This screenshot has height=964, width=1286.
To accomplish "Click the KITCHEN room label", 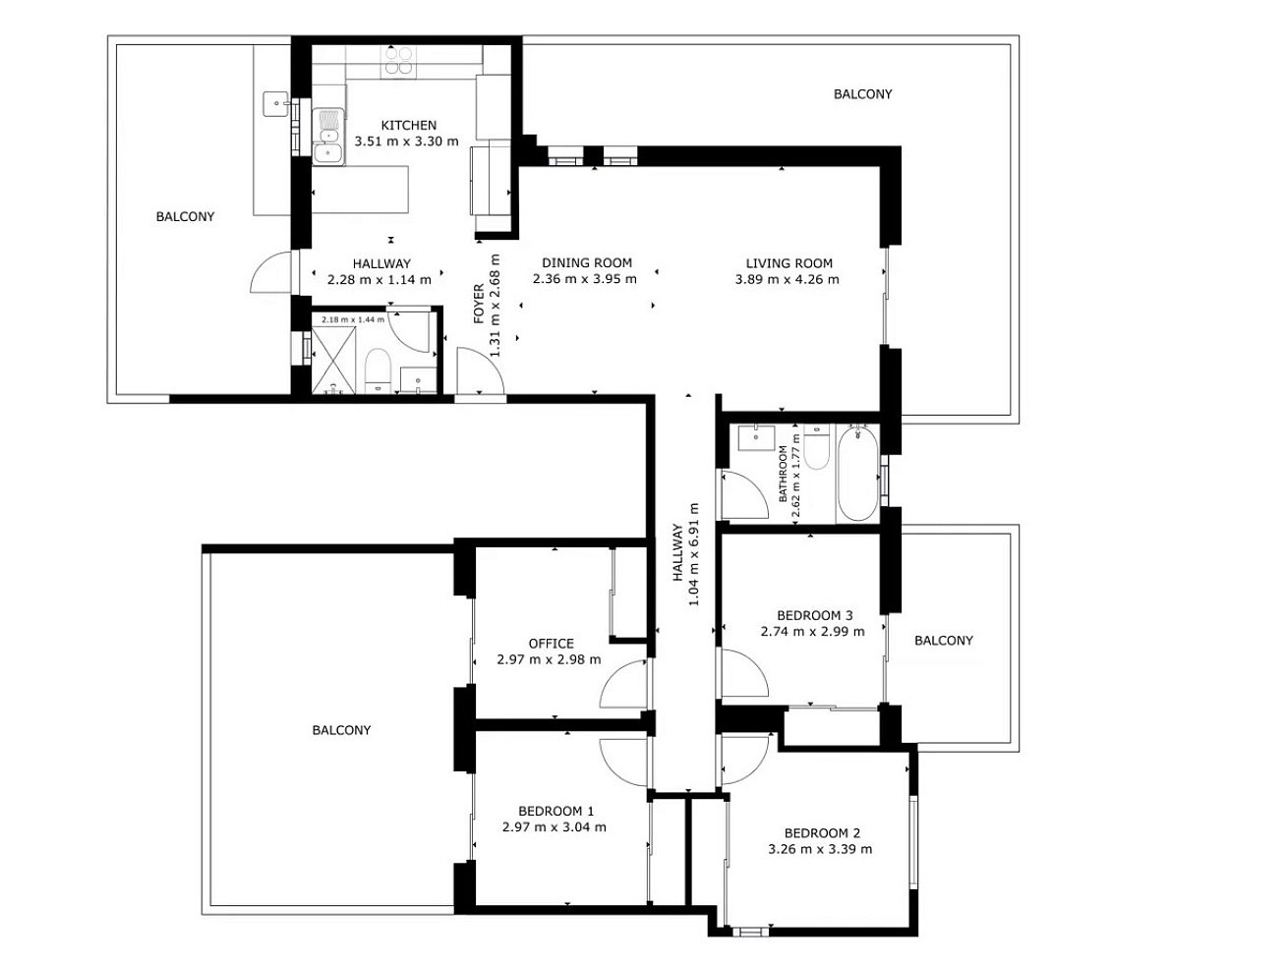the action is click(x=408, y=125).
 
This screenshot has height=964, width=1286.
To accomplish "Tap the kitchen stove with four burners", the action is click(x=398, y=62).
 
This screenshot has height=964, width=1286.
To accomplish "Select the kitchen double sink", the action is click(x=327, y=137).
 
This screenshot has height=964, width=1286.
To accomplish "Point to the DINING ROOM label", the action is click(x=586, y=262).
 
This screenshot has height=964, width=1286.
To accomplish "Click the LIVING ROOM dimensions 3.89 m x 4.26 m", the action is click(x=787, y=280).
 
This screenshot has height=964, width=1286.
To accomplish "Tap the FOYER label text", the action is click(x=479, y=304).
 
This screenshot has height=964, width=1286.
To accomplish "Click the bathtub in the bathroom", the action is click(x=857, y=474).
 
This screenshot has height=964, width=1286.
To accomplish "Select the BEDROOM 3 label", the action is click(x=814, y=615).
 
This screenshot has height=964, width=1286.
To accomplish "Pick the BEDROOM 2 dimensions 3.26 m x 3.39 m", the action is click(x=820, y=849).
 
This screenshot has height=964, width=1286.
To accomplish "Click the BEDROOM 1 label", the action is click(x=556, y=812).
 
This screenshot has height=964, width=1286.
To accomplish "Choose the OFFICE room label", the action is click(x=551, y=644).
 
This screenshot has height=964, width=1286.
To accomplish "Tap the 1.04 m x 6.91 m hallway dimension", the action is click(x=694, y=554).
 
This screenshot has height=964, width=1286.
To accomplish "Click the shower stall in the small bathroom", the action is click(x=333, y=360).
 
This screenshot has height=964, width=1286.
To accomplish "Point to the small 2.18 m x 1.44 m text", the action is click(x=353, y=319).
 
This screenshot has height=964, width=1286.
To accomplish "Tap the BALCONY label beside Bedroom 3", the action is click(x=943, y=641).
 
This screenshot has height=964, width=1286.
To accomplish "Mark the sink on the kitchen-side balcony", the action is click(x=275, y=103).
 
